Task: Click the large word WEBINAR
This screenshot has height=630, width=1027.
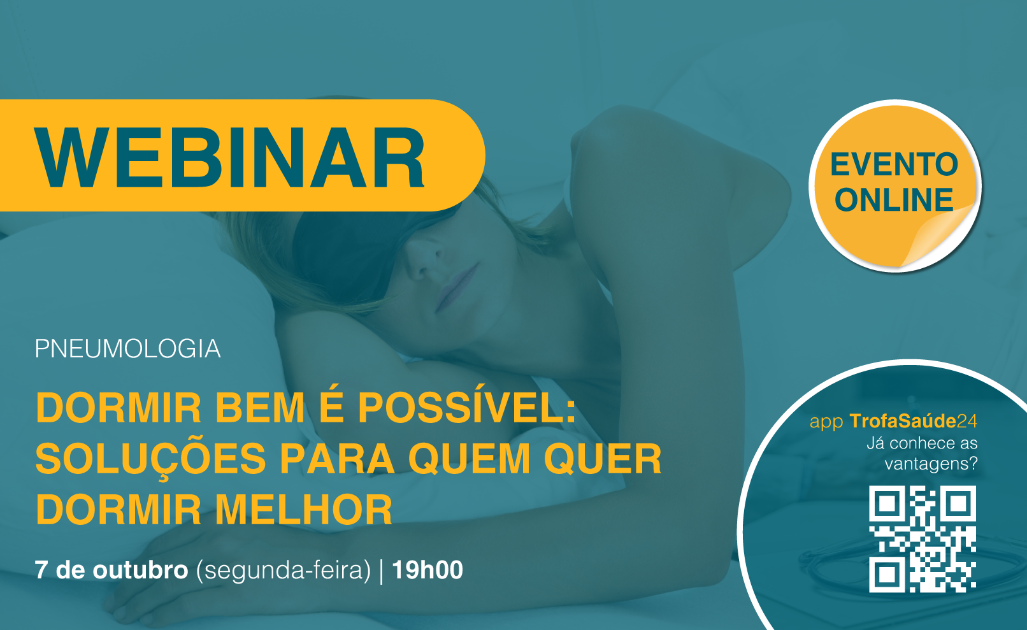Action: (230, 157)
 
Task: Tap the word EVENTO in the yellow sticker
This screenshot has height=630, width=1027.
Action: (894, 164)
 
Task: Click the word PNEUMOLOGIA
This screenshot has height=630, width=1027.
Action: (127, 349)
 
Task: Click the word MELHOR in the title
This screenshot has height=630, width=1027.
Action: (304, 510)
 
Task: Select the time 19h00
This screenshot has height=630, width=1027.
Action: (427, 570)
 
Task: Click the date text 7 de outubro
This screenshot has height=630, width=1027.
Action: (111, 570)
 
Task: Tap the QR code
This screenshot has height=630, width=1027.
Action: (922, 539)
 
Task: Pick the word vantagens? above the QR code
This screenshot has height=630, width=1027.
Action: (931, 464)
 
